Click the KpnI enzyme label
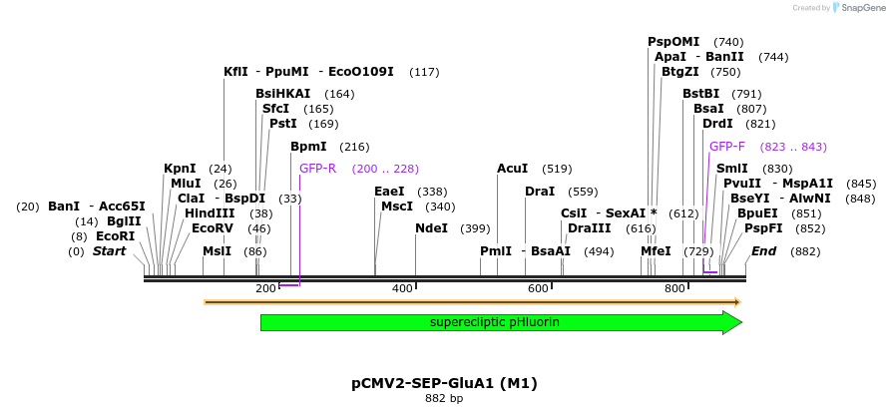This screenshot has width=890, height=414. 180,169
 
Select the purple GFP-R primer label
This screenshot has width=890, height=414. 317,169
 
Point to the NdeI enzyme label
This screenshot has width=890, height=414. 431,228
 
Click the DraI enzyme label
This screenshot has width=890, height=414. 540,192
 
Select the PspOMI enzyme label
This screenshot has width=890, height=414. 673,42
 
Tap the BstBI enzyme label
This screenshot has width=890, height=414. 700,94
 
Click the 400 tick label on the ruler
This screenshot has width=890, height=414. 402,288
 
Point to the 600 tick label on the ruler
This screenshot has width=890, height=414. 538,288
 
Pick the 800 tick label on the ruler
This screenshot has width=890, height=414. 674,288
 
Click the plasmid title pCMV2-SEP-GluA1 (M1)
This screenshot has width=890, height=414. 444,382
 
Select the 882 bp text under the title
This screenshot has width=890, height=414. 444,399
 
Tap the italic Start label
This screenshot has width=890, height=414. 110,251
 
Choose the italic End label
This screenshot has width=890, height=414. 763,251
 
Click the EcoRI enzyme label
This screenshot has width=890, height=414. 115,236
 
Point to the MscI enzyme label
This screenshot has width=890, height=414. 397,207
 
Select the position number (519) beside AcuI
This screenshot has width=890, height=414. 557,169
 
